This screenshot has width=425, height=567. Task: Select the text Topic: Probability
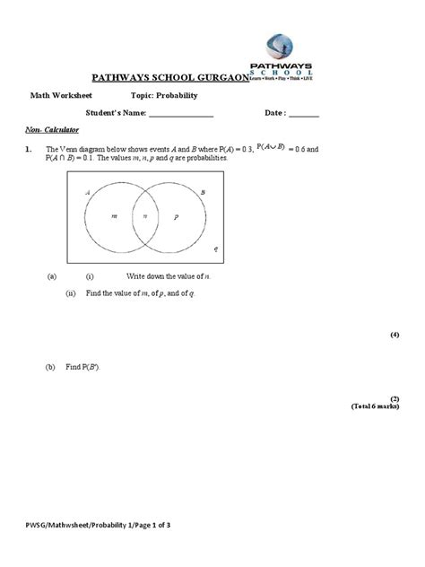[164, 95]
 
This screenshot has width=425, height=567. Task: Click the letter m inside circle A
[114, 217]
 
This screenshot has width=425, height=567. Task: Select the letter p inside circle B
[176, 217]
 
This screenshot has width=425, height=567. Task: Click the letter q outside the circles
[214, 248]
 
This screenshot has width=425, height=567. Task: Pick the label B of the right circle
[203, 192]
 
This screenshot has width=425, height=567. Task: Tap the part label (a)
[51, 278]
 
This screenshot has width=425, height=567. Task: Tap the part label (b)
[51, 367]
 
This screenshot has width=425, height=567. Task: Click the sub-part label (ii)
[71, 293]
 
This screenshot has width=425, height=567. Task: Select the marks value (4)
[394, 334]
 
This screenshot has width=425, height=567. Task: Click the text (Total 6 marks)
[374, 406]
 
